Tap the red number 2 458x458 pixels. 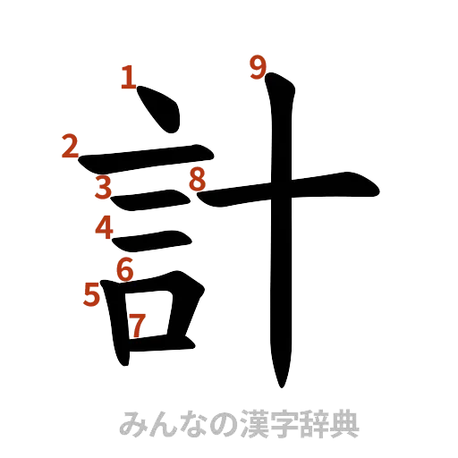[x=70, y=147]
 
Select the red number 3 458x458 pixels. [x=105, y=187]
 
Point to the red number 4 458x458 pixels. [x=106, y=229]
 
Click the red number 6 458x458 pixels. [x=125, y=267]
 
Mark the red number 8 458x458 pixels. [x=197, y=181]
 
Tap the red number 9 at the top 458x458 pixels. [x=259, y=65]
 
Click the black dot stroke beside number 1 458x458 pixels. [x=157, y=110]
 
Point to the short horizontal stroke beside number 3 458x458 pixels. [x=148, y=201]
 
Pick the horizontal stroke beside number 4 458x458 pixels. [x=152, y=238]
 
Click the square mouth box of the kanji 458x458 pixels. [x=152, y=318]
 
